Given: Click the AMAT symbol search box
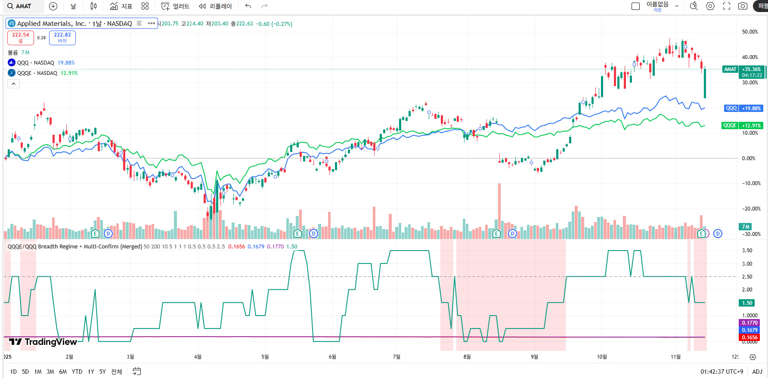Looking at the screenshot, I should [24, 6].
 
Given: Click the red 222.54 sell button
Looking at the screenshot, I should [20, 37].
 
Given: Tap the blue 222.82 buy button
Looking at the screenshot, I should [62, 37].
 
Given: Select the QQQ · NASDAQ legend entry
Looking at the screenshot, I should [36, 63].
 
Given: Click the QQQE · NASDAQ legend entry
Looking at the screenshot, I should [37, 73].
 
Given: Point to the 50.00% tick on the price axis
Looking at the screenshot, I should [750, 32].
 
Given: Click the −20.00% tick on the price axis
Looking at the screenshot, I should [751, 209].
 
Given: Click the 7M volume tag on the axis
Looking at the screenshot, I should [746, 226].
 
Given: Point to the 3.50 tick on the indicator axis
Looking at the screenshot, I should [747, 251].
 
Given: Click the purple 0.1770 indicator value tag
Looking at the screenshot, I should [749, 323].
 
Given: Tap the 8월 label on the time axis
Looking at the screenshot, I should [467, 356].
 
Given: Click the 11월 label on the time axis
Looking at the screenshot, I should [675, 356].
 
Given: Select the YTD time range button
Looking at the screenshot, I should [77, 372].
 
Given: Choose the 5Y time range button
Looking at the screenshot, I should [102, 372].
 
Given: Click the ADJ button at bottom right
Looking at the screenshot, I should [757, 372].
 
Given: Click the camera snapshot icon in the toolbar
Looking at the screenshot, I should [743, 6].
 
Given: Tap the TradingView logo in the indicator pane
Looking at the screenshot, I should [43, 342].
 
